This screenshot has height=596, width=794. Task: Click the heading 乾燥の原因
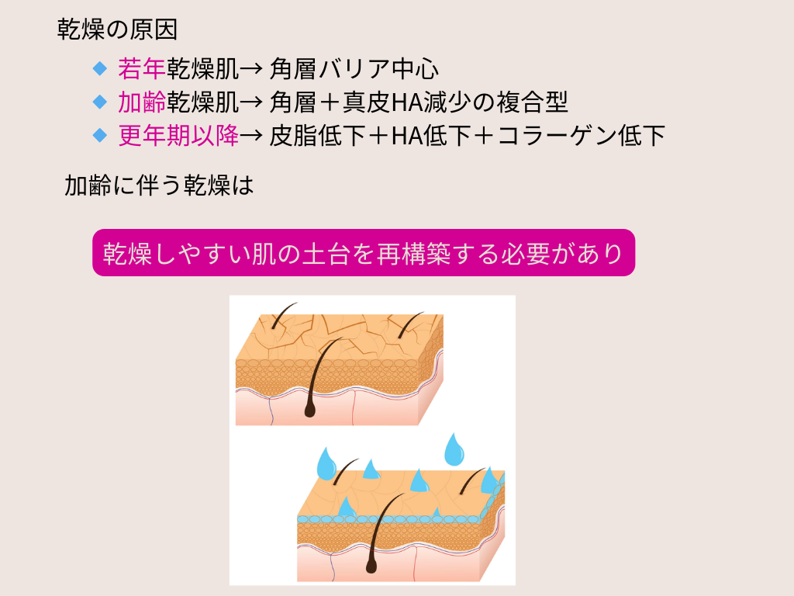point(117,30)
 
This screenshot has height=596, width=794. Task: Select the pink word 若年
point(142,68)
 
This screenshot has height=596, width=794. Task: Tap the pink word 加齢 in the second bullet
point(142,102)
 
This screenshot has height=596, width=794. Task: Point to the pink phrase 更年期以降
point(178,135)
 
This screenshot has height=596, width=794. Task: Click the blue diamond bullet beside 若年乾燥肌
point(100,68)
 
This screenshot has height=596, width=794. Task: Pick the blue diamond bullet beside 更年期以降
point(100,135)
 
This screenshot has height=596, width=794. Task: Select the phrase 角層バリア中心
point(354,68)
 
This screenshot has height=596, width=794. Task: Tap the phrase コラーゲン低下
point(582,135)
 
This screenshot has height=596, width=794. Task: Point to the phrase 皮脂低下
point(317,135)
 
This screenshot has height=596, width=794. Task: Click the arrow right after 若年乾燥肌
point(250,69)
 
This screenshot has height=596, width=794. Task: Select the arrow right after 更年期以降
point(250,136)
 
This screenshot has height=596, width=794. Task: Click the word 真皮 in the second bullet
point(367,102)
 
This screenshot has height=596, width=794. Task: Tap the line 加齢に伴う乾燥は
point(158,185)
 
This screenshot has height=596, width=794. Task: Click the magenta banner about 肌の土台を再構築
point(364,252)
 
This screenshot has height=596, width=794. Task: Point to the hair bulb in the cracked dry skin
point(309,411)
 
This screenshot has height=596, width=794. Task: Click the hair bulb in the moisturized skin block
point(371,567)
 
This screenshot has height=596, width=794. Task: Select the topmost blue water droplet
point(454,450)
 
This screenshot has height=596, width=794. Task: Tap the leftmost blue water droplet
point(326,464)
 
